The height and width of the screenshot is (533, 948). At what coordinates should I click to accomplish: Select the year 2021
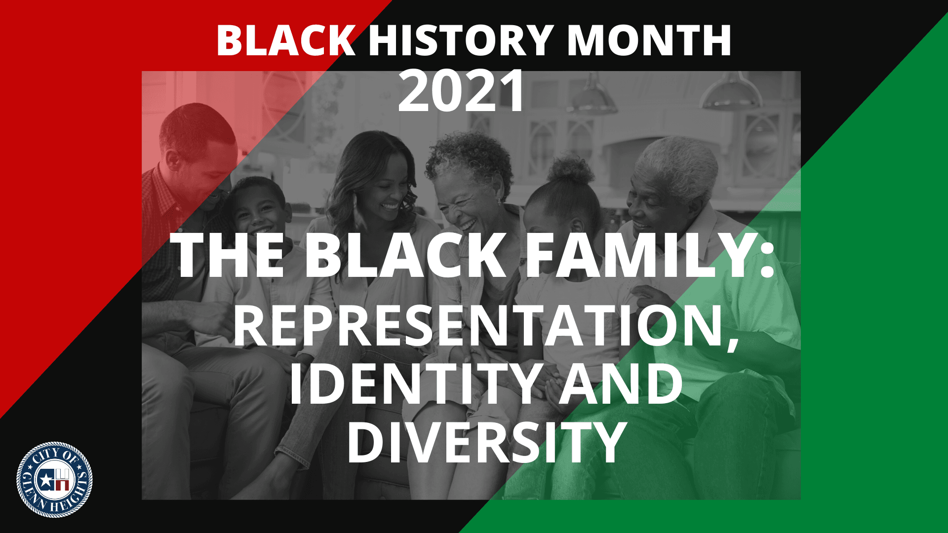pyautogui.click(x=461, y=91)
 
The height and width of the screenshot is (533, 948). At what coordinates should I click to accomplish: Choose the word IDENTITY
pyautogui.click(x=415, y=383)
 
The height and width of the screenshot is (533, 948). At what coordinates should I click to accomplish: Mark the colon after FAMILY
pyautogui.click(x=766, y=260)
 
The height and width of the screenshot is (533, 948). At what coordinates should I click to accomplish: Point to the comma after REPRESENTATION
pyautogui.click(x=732, y=343)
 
